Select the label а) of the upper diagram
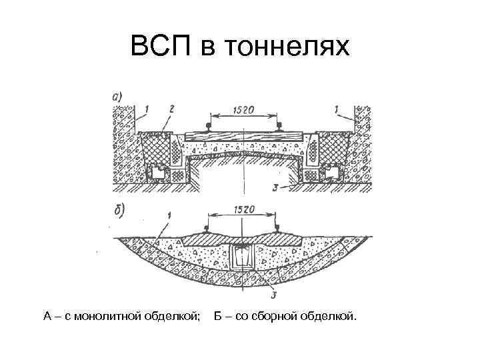point(117,97)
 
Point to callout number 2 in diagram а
point(172,108)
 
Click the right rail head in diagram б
point(274,228)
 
